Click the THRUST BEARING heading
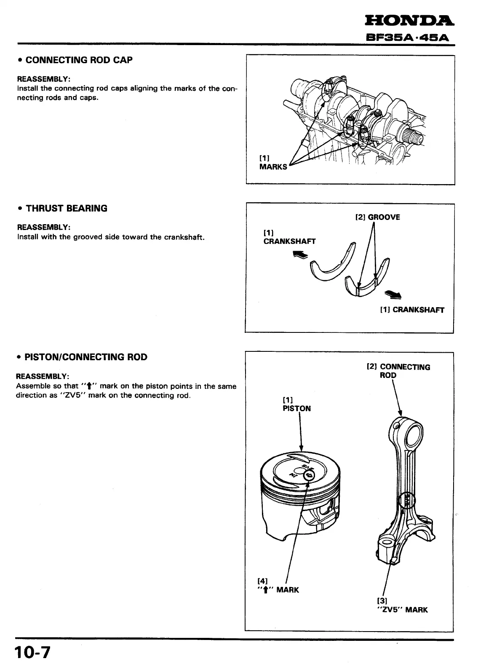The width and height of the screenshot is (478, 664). point(66,209)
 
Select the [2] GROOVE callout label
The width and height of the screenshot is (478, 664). point(377,217)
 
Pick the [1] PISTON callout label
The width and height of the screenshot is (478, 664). point(296,404)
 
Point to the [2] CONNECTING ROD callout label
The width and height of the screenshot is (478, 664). point(398,371)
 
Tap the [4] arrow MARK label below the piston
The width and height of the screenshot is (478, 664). point(278,586)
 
